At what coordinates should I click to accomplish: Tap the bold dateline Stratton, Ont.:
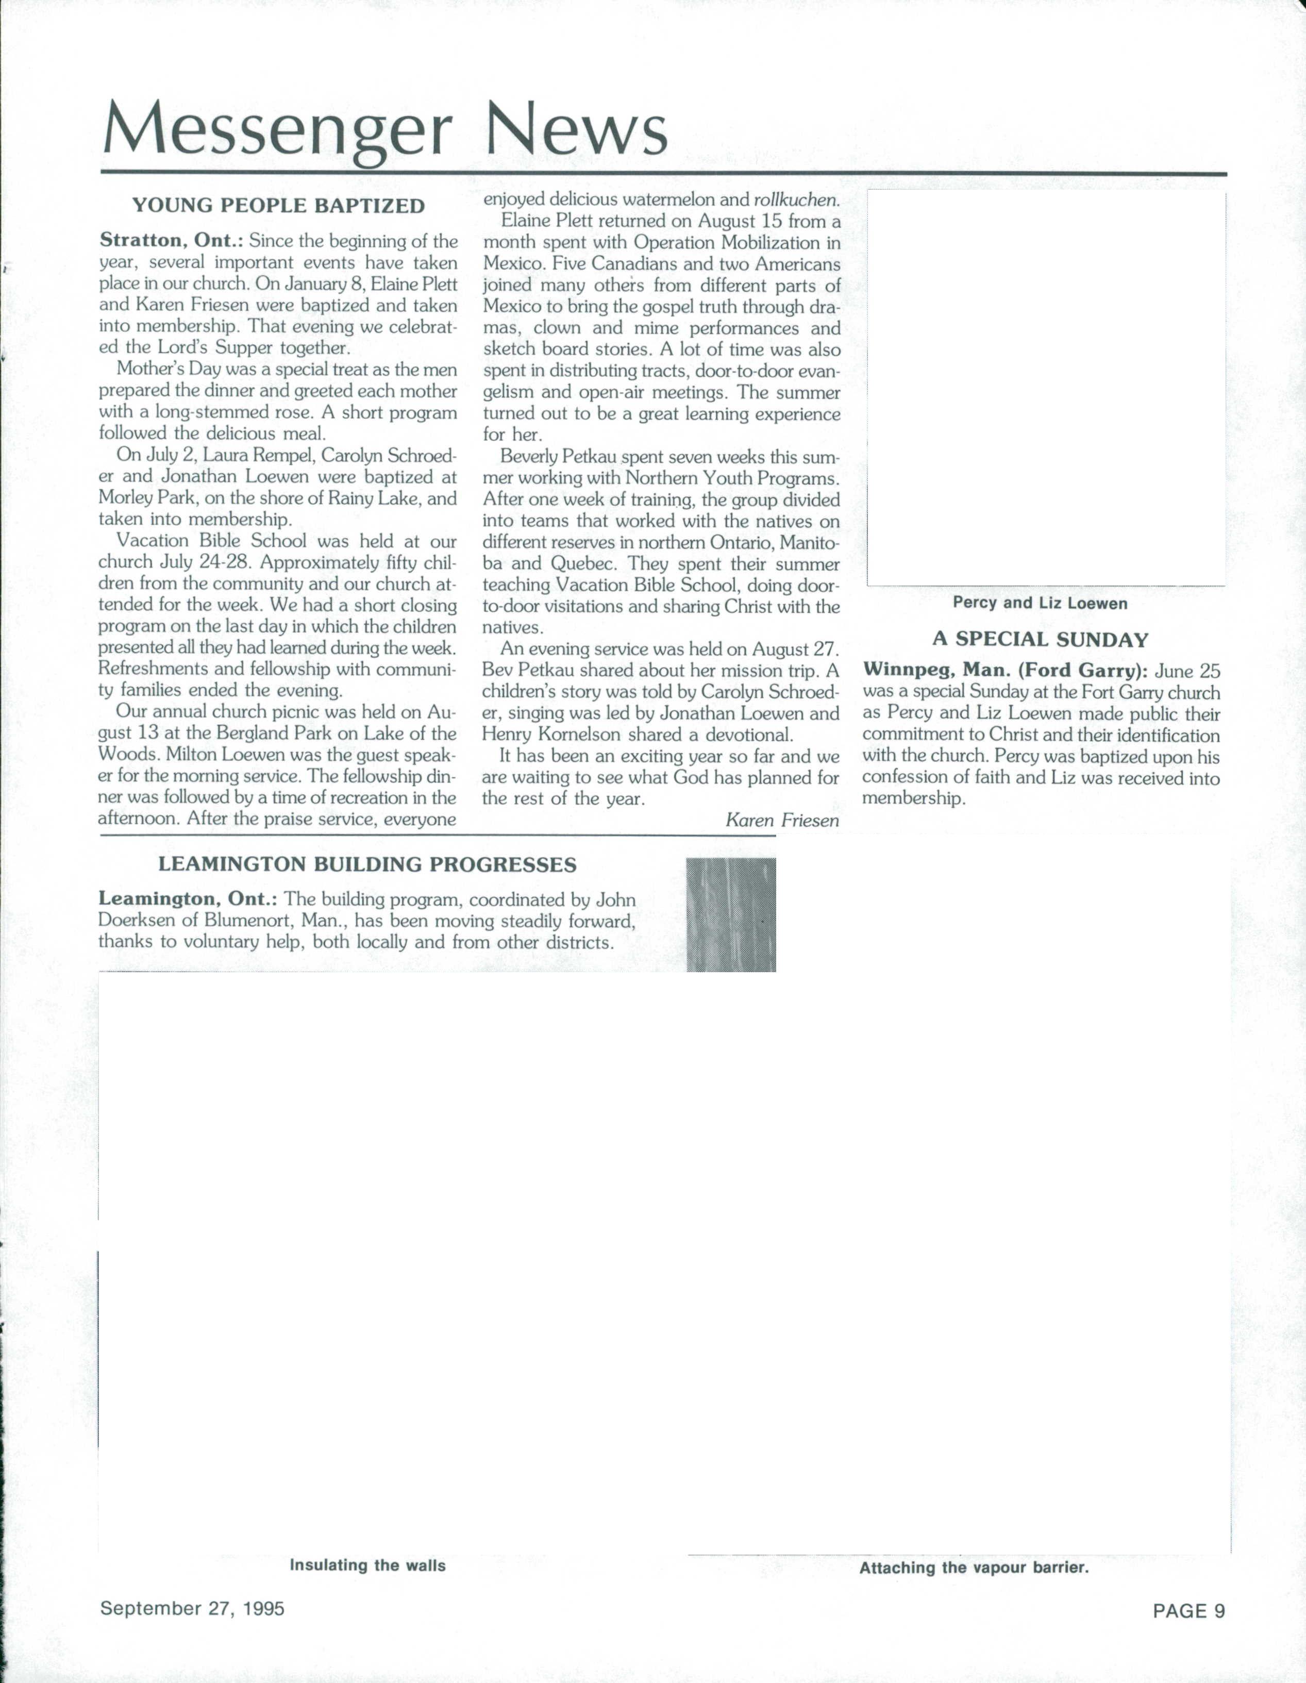171,241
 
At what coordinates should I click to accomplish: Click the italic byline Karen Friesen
781,821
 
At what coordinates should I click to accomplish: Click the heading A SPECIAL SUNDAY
1040,640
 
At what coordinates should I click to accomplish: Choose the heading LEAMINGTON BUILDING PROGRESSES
367,864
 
